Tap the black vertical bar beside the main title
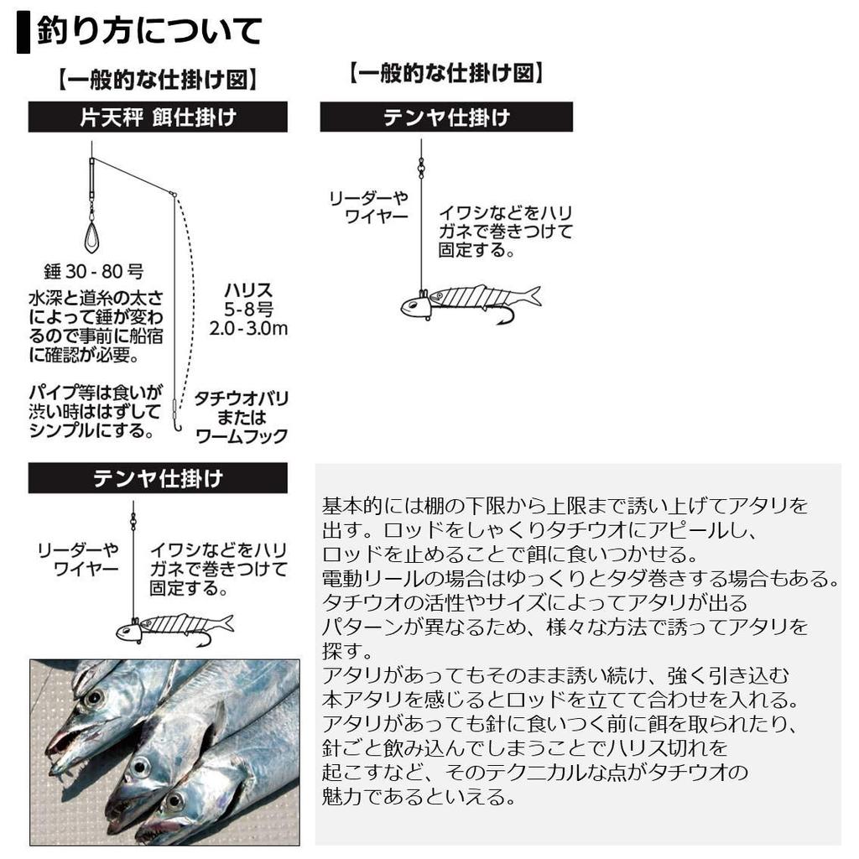click(x=23, y=33)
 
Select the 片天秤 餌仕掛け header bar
click(x=158, y=117)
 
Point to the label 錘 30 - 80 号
click(x=93, y=272)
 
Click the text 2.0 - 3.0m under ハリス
click(x=248, y=328)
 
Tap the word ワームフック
click(x=242, y=436)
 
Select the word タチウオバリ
click(x=242, y=398)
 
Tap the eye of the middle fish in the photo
click(x=140, y=766)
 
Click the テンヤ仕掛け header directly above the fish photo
click(x=158, y=478)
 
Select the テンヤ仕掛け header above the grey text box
click(x=446, y=117)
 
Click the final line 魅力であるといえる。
click(x=419, y=795)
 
